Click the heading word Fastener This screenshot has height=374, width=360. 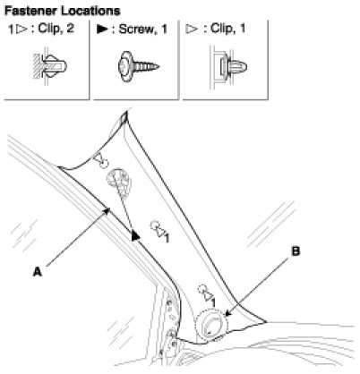click(31, 11)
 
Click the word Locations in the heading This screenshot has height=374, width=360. click(90, 11)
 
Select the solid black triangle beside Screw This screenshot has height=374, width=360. click(102, 29)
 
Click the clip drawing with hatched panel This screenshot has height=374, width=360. click(50, 66)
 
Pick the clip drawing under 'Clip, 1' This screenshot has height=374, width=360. click(229, 66)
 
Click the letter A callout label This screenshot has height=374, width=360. click(38, 272)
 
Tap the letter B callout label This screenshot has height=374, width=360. click(296, 251)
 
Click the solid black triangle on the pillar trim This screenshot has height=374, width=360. click(135, 236)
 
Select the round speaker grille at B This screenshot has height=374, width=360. click(211, 325)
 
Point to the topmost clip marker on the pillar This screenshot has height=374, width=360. click(100, 160)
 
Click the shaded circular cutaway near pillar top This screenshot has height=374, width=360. click(118, 182)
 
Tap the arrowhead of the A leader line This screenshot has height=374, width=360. click(107, 211)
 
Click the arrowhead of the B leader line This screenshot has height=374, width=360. click(227, 313)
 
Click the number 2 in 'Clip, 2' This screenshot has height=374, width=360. click(71, 29)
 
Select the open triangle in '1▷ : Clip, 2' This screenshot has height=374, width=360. click(21, 30)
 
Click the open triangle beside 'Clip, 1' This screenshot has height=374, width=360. click(192, 29)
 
